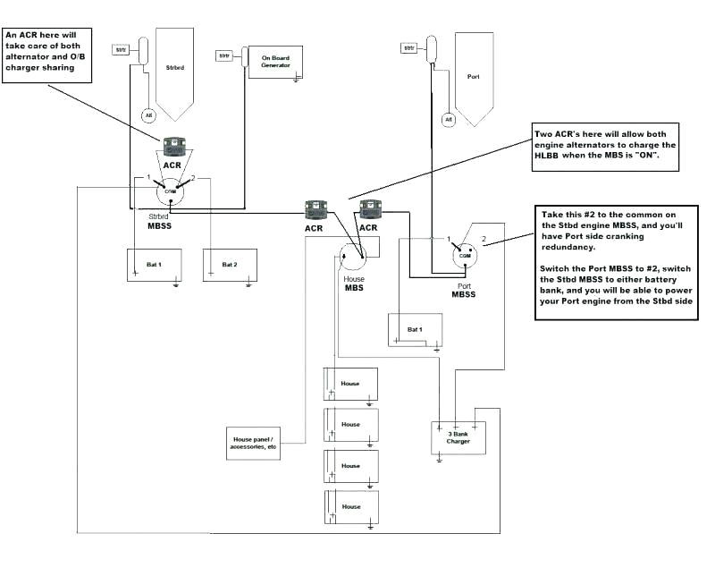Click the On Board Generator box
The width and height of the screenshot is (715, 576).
coord(276,61)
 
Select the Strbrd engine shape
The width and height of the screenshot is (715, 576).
coord(175,72)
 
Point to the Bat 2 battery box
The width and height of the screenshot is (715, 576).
coord(230,266)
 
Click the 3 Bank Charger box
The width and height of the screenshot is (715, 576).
coord(458,437)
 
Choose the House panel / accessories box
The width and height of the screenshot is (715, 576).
coord(253,442)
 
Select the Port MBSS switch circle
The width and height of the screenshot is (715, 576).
coord(464,257)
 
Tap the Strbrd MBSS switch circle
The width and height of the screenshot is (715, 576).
coord(169,191)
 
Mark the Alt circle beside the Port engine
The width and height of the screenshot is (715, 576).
coord(449,118)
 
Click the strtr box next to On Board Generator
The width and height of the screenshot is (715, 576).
coord(224,56)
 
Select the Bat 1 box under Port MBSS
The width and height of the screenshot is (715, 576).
coord(415,329)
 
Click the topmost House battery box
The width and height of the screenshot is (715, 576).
coord(350,384)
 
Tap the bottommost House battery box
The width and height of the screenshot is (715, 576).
coord(350,507)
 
